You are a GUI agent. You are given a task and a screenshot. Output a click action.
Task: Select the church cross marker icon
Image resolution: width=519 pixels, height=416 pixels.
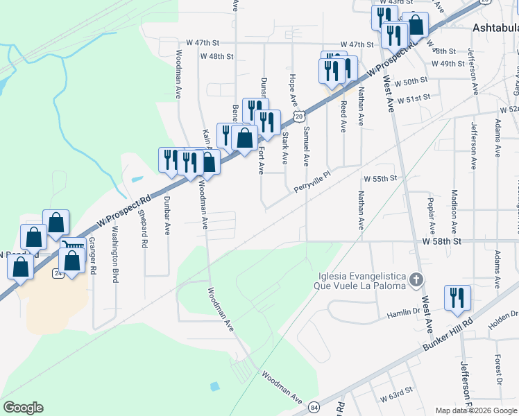coord(416,280)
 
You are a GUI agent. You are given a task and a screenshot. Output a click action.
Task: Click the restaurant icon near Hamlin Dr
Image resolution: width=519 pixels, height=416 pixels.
coord(457,297)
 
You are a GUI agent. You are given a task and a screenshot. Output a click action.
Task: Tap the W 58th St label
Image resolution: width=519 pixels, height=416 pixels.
coord(441,241)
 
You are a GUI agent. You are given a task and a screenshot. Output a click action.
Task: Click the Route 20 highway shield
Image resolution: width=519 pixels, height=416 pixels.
coord(298,116)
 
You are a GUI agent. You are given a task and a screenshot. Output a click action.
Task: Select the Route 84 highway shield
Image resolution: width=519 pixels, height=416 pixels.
coord(316,405)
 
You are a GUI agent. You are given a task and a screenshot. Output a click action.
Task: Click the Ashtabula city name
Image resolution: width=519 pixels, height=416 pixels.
coord(495,28)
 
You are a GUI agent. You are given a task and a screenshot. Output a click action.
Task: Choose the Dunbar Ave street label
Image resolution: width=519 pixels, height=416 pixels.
coord(167,217)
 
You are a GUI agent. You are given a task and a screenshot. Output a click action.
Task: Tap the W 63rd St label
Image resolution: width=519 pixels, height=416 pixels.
coord(397,397)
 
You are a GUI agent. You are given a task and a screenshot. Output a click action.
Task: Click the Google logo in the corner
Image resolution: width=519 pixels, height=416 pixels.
coord(23,408)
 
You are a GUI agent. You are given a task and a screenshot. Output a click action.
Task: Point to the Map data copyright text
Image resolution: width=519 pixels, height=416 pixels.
coord(475,410)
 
